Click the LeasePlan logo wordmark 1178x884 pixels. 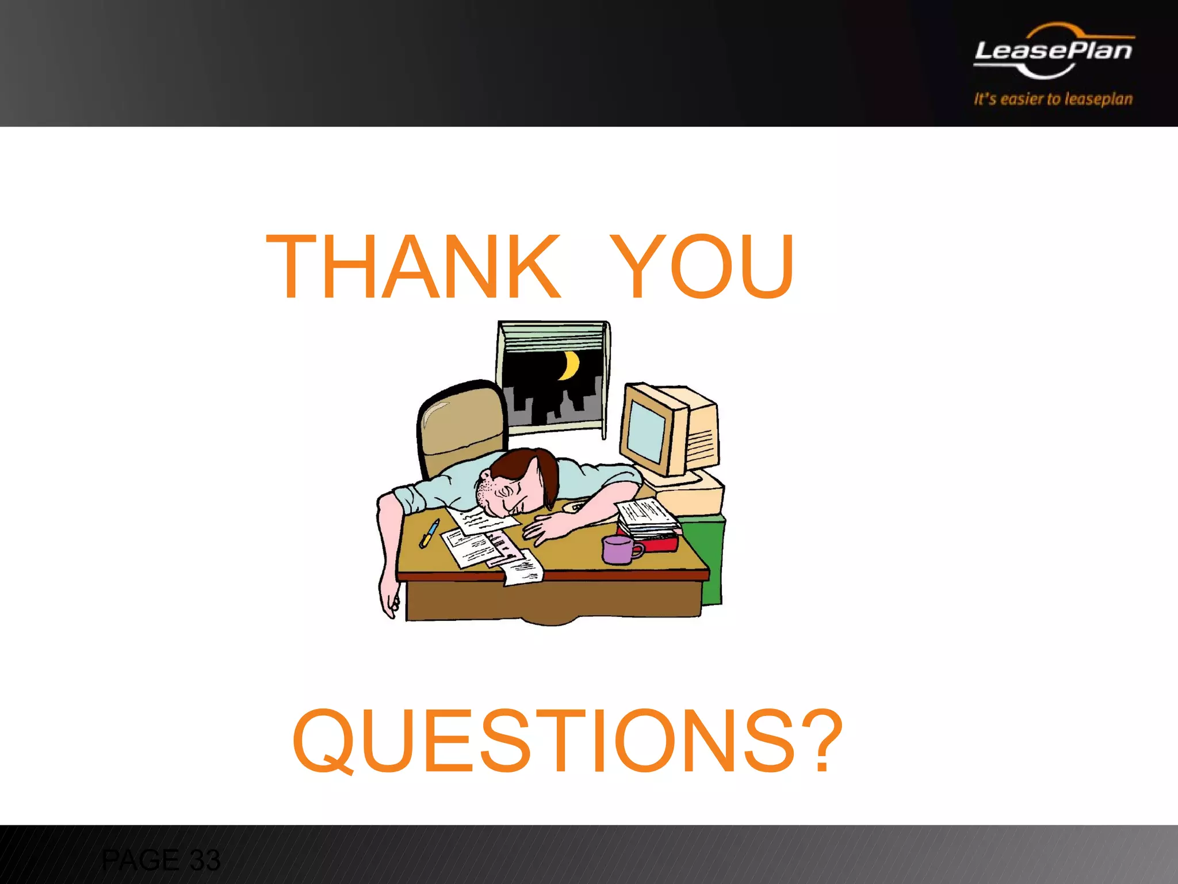coord(1053,51)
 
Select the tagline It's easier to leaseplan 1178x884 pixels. coord(1053,99)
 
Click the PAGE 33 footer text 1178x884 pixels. coord(160,860)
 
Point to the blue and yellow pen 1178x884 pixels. coord(429,533)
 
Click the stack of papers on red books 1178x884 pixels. coord(647,515)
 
